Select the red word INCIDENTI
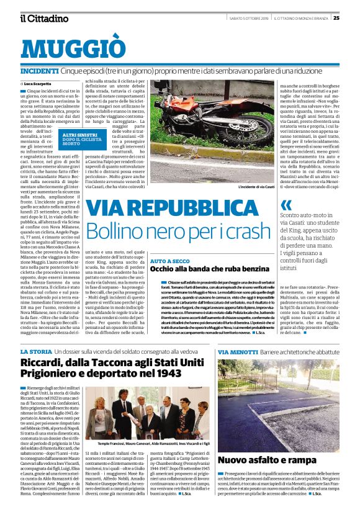click(40, 72)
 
